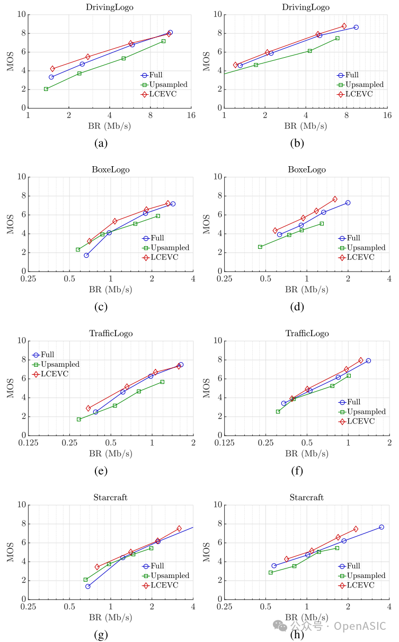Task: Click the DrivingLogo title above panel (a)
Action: point(110,7)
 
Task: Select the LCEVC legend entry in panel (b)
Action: point(359,94)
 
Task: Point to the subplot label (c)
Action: point(100,306)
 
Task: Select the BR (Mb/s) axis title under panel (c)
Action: point(110,290)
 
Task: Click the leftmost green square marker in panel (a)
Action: point(46,89)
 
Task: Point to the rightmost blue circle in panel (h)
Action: point(381,527)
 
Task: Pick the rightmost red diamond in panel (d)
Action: point(335,199)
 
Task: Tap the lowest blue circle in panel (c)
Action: point(86,255)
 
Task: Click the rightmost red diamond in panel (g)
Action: point(179,529)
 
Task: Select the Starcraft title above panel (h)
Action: point(306,498)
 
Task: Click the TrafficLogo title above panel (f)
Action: point(307,333)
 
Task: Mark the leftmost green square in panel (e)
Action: point(79,419)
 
